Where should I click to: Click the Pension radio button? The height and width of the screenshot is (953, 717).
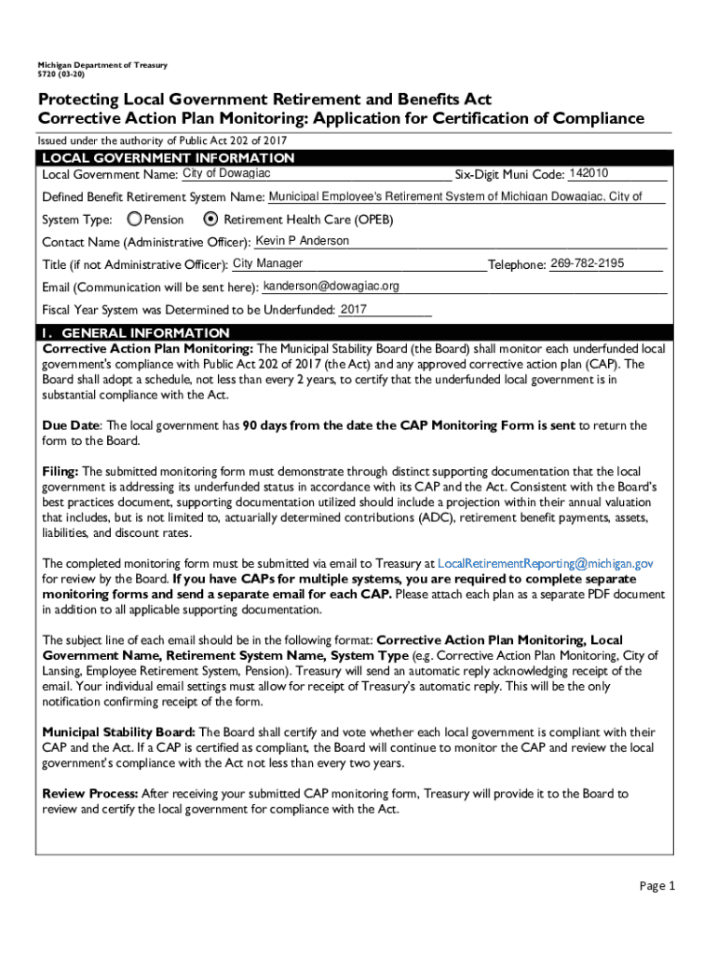tap(135, 220)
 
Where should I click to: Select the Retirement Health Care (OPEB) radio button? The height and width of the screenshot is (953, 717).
tap(210, 220)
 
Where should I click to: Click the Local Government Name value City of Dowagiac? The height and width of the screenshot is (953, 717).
tap(226, 174)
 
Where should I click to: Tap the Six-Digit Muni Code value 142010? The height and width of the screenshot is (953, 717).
tap(588, 174)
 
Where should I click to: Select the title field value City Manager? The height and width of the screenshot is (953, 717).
tap(267, 263)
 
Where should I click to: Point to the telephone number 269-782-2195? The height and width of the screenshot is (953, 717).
tap(587, 263)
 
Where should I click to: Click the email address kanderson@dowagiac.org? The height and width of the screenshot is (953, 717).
tap(331, 286)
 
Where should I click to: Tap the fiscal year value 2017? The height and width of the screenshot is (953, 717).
tap(354, 309)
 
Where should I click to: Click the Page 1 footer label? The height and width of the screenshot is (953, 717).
tap(656, 885)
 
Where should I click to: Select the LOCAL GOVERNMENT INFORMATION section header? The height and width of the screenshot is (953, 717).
tap(169, 158)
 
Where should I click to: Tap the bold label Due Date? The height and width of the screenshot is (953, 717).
tap(70, 425)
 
